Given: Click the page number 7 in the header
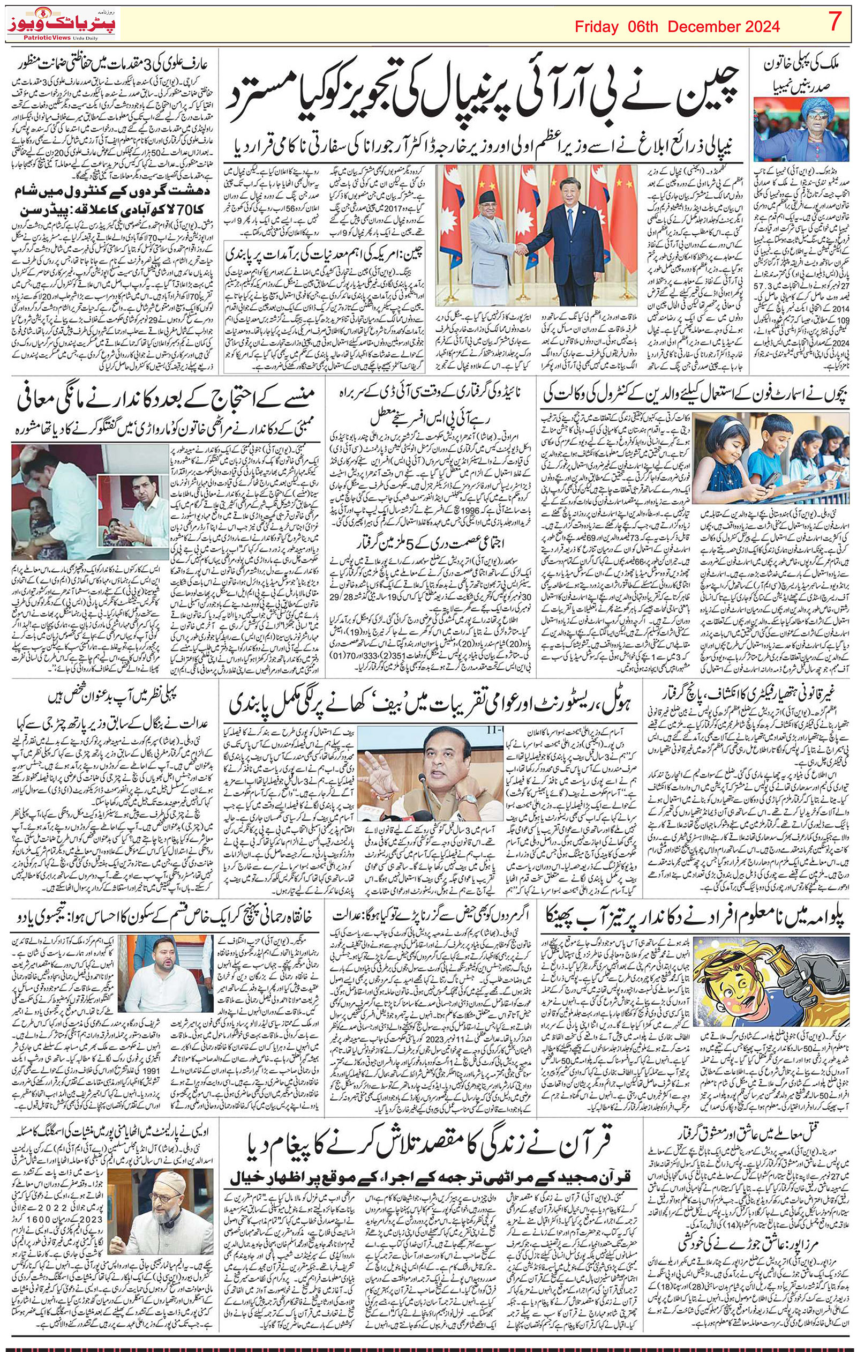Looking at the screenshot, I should [835, 24].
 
